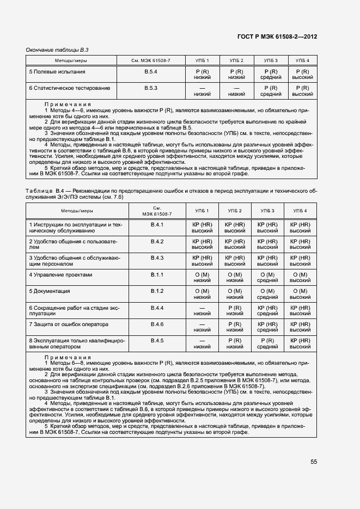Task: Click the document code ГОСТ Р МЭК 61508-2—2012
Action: pyautogui.click(x=277, y=36)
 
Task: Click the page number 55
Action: pyautogui.click(x=314, y=462)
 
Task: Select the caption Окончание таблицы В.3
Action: pyautogui.click(x=53, y=50)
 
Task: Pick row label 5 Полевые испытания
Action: pyautogui.click(x=57, y=72)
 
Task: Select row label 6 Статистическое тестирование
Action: pyautogui.click(x=69, y=88)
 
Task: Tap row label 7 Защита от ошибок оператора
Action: pyautogui.click(x=68, y=324)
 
